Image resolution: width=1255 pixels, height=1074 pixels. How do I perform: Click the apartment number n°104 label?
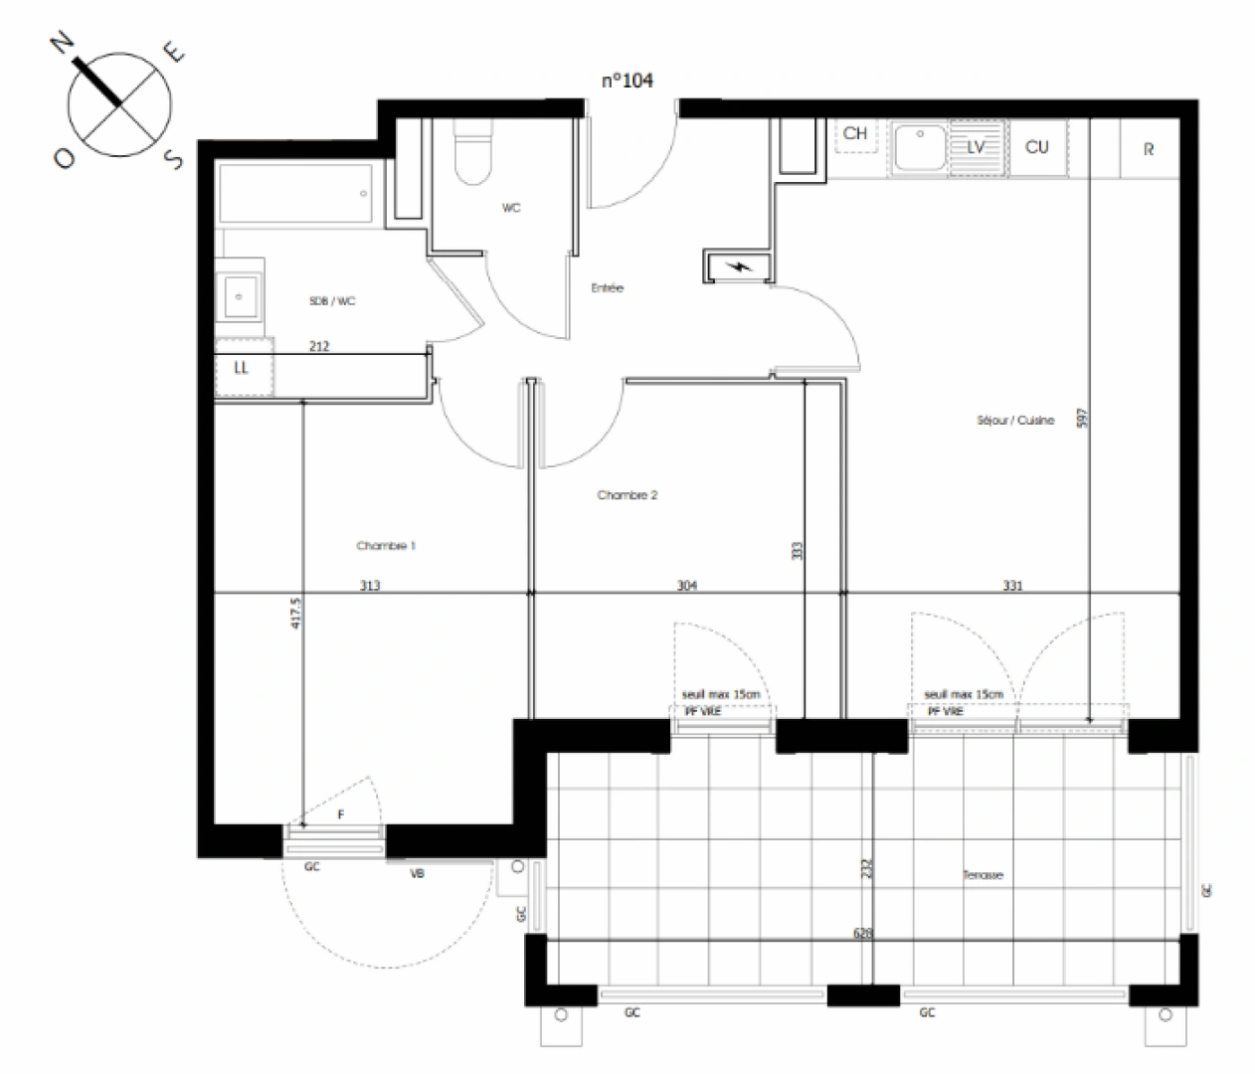click(x=627, y=81)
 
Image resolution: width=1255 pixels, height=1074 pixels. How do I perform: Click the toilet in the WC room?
click(x=472, y=154)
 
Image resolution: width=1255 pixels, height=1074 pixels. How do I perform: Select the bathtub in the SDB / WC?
click(x=295, y=194)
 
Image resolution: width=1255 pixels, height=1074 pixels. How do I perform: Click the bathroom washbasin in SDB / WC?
click(x=240, y=295)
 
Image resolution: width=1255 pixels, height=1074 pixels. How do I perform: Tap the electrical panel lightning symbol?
click(x=738, y=267)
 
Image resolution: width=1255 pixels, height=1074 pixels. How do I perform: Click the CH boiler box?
click(x=855, y=134)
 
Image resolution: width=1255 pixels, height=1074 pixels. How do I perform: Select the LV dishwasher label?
click(x=976, y=147)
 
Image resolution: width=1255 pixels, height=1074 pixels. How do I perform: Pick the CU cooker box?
click(x=1036, y=148)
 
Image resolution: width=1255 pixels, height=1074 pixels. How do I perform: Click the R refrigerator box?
click(x=1149, y=149)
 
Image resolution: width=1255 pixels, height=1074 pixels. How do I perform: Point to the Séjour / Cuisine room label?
click(x=1014, y=421)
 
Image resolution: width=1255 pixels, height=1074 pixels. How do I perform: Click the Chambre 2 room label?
click(x=627, y=495)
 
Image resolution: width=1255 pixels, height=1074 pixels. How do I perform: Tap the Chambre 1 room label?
click(x=386, y=546)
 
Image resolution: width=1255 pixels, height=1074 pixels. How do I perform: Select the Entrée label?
click(x=607, y=288)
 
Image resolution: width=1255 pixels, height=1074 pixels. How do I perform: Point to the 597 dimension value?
click(x=1083, y=418)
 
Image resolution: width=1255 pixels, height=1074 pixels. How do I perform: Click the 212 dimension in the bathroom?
click(x=319, y=346)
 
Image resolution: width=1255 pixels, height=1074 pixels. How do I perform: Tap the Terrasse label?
click(x=982, y=875)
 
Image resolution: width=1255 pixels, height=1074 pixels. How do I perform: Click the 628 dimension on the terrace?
click(x=863, y=934)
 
